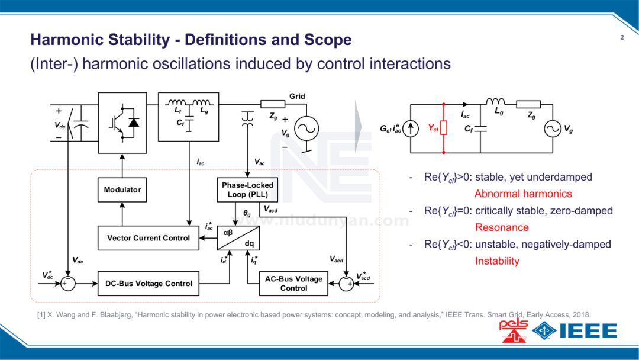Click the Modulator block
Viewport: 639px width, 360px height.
pyautogui.click(x=122, y=189)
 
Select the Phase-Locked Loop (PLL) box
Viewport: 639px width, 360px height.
pyautogui.click(x=247, y=189)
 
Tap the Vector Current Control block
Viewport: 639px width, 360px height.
pyautogui.click(x=149, y=238)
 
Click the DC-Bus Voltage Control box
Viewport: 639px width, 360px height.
pyautogui.click(x=149, y=284)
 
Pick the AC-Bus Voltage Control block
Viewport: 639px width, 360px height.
pyautogui.click(x=293, y=284)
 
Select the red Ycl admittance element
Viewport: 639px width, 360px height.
pyautogui.click(x=443, y=128)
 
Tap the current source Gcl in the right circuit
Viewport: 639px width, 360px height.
pyautogui.click(x=412, y=128)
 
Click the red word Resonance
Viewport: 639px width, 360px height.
pyautogui.click(x=502, y=227)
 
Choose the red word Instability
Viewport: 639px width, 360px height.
pyautogui.click(x=497, y=261)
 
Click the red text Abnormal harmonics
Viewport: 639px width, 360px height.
pyautogui.click(x=523, y=194)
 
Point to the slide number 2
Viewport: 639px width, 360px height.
pyautogui.click(x=622, y=38)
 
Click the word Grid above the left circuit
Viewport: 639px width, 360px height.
pyautogui.click(x=297, y=97)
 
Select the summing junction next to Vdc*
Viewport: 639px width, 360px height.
pyautogui.click(x=68, y=284)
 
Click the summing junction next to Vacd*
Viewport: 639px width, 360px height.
pyautogui.click(x=346, y=284)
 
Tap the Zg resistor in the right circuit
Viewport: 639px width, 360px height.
pyautogui.click(x=528, y=105)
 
